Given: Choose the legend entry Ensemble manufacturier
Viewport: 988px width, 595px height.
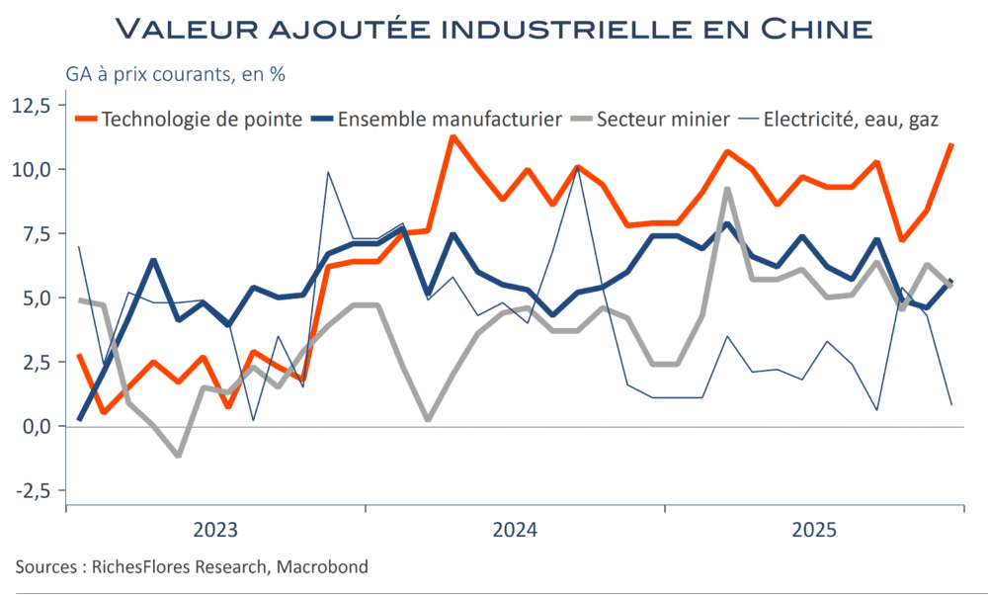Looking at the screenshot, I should tap(450, 119).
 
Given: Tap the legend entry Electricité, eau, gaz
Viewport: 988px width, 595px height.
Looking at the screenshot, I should tap(857, 119).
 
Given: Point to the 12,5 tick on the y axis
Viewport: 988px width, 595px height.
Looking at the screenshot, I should tap(36, 106).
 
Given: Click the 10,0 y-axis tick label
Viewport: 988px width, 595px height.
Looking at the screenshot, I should tap(36, 170).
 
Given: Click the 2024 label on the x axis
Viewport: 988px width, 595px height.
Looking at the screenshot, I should tap(515, 530).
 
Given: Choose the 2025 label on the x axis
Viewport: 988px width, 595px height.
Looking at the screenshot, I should tap(815, 530).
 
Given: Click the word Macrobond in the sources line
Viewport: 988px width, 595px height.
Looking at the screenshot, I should tap(322, 567).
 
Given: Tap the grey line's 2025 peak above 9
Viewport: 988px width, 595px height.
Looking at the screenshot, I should tap(727, 190).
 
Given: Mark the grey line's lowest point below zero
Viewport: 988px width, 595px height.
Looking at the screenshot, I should tap(178, 456).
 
